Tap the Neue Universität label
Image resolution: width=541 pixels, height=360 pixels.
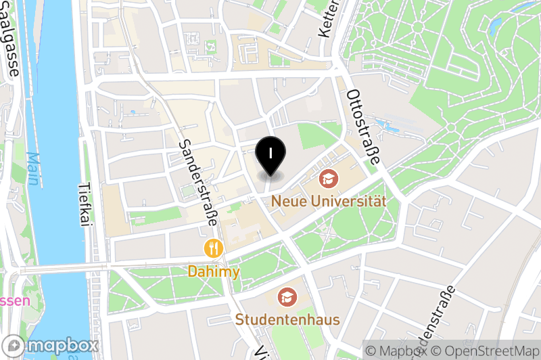pos(329,201)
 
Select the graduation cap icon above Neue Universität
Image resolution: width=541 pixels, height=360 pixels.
pos(329,179)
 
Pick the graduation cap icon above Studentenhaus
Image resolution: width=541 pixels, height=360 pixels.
pos(287,296)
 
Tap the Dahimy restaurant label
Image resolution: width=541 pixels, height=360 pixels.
pos(214,271)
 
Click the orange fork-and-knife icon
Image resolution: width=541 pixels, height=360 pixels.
pos(214,248)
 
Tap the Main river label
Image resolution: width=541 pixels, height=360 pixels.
pos(32,168)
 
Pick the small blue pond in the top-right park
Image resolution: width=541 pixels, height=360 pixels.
pos(496,26)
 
